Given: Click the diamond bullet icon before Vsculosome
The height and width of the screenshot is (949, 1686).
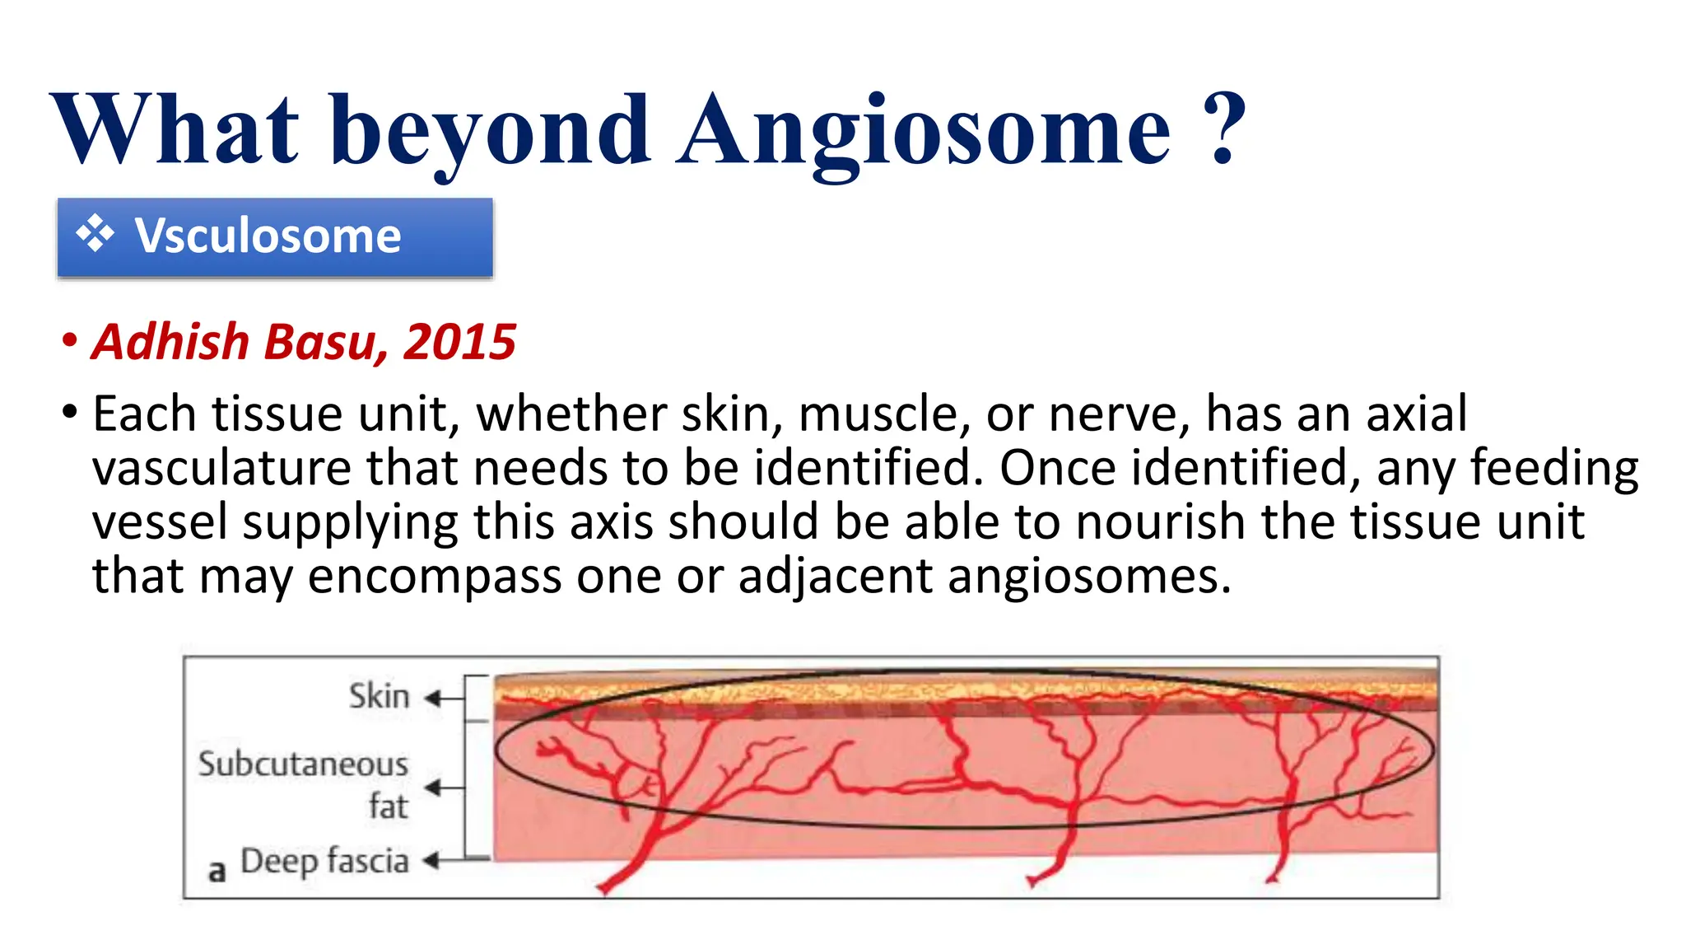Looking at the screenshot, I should click(x=95, y=234).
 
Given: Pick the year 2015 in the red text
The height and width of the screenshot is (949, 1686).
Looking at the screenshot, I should click(x=459, y=342).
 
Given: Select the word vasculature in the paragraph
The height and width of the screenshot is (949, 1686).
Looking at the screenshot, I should click(x=221, y=468).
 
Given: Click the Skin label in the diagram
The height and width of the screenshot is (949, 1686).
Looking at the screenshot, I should click(x=379, y=696).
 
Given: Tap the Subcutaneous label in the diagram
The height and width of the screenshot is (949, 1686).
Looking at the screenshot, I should click(x=303, y=764).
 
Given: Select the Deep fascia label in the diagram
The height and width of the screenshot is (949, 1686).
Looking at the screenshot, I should click(x=324, y=861).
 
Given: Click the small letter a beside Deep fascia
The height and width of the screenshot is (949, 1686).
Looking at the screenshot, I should click(x=217, y=870).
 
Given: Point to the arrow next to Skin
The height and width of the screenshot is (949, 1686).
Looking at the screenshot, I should click(x=442, y=699).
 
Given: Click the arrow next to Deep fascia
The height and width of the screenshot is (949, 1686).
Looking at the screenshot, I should click(x=442, y=862).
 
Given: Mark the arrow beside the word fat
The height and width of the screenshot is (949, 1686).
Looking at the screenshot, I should click(x=442, y=788).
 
